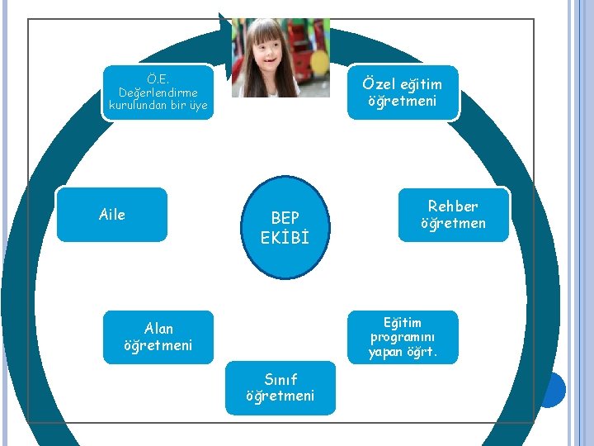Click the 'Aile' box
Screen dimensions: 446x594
click(111, 215)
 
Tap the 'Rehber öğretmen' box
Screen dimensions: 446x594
click(453, 215)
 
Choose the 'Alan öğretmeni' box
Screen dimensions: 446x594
click(158, 337)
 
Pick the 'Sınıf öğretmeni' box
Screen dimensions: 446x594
click(280, 387)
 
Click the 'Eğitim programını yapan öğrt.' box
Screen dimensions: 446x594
click(403, 337)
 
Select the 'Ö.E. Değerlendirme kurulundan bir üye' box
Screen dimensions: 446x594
click(158, 93)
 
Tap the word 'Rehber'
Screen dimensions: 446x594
click(453, 206)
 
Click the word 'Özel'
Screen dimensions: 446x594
click(380, 84)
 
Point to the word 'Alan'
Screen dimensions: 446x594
click(158, 328)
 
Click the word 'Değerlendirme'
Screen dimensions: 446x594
click(158, 93)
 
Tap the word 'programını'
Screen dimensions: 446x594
click(403, 337)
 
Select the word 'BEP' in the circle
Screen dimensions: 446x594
click(285, 218)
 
